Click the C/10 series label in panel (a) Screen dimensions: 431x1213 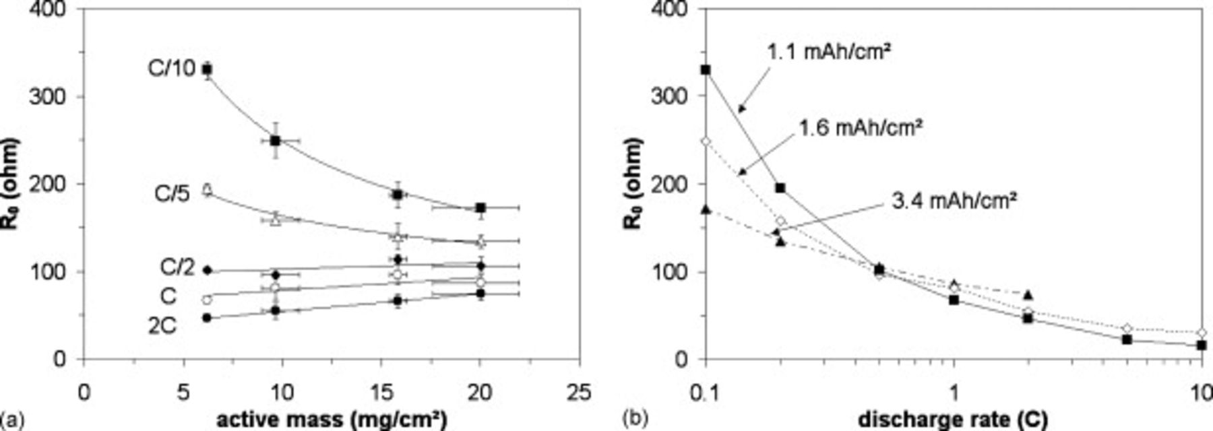click(x=171, y=68)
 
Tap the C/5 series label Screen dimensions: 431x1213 click(x=173, y=194)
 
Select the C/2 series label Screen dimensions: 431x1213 click(x=177, y=267)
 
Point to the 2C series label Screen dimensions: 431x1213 click(x=162, y=326)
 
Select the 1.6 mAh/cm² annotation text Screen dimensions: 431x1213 click(x=860, y=127)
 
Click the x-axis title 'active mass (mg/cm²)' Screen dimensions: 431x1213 click(x=332, y=419)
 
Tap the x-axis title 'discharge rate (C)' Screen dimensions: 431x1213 click(x=952, y=419)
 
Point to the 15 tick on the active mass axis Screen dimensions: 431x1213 click(x=381, y=392)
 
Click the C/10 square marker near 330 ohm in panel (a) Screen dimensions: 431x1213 click(x=208, y=69)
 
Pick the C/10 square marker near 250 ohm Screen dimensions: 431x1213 click(x=275, y=141)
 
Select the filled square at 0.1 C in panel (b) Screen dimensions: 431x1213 click(x=706, y=69)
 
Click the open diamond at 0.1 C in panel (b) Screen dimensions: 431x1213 click(x=706, y=141)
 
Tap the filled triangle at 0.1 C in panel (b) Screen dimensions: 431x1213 click(x=706, y=209)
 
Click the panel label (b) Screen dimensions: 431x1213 click(x=637, y=419)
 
